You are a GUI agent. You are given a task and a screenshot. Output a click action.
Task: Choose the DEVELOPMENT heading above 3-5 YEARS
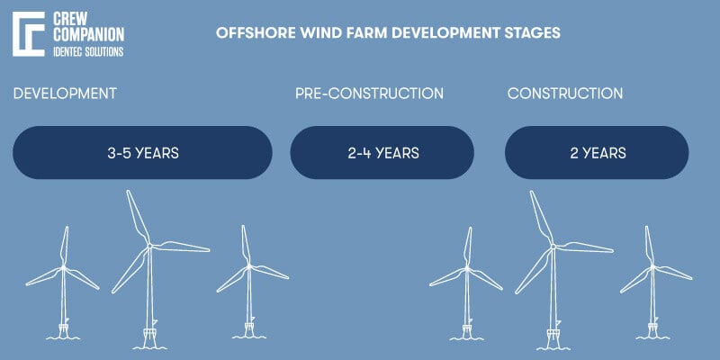click(x=65, y=94)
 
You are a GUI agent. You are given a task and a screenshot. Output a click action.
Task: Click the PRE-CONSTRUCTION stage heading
click(x=369, y=94)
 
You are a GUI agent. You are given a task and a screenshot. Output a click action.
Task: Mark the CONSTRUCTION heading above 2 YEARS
click(x=565, y=94)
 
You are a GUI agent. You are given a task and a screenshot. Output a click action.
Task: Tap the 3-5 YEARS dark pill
click(x=142, y=152)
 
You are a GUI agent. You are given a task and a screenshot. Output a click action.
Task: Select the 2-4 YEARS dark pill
click(x=382, y=152)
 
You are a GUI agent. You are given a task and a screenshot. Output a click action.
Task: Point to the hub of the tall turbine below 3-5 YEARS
click(x=150, y=246)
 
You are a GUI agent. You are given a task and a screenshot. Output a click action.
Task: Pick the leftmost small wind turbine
click(x=64, y=270)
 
